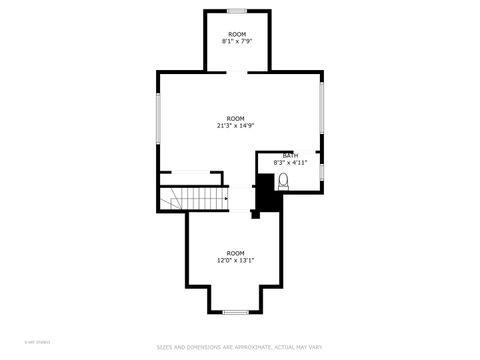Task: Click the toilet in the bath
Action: (283, 181)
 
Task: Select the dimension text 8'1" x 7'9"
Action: (236, 41)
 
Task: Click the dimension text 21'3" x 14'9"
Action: (235, 125)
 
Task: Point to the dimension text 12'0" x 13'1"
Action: (235, 260)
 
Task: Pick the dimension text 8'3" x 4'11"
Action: (290, 162)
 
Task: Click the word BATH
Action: (290, 155)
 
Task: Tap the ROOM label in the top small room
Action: (236, 34)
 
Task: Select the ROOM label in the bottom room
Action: (235, 253)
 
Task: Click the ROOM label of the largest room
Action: (235, 118)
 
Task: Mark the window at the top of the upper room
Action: (237, 11)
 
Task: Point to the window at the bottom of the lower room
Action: (235, 312)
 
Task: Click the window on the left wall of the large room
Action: (158, 119)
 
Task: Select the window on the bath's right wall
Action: (322, 172)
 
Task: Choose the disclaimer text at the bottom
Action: (240, 347)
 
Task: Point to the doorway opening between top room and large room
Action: (237, 72)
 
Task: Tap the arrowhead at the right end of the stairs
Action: (226, 199)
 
